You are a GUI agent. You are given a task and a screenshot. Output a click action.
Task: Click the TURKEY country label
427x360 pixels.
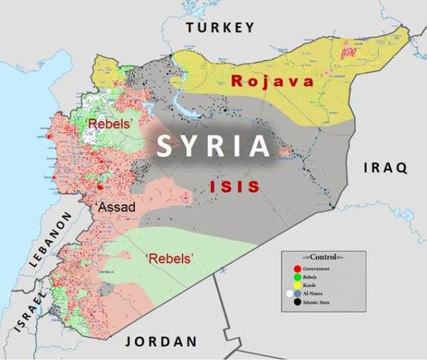coord(220,27)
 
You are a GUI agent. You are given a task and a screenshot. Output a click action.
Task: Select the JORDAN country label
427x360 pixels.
coord(161,342)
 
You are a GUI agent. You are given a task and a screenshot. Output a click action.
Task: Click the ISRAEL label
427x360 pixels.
coord(41,303)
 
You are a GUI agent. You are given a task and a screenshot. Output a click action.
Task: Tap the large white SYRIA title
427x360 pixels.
coord(213,146)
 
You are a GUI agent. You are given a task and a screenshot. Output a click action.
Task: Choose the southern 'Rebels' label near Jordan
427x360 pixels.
coord(169,258)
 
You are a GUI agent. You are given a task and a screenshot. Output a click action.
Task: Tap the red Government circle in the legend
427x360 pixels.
coord(297,268)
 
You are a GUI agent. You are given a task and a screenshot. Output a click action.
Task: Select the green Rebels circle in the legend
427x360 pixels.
coord(297,277)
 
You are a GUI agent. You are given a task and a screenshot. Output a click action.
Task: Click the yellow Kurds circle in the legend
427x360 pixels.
coord(297,285)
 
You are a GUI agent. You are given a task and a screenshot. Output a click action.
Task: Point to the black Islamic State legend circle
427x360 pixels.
coord(297,302)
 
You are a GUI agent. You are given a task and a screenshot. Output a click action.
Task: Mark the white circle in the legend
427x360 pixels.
coord(289,294)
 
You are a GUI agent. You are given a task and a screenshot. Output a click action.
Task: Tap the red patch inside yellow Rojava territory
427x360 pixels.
coord(347,50)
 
